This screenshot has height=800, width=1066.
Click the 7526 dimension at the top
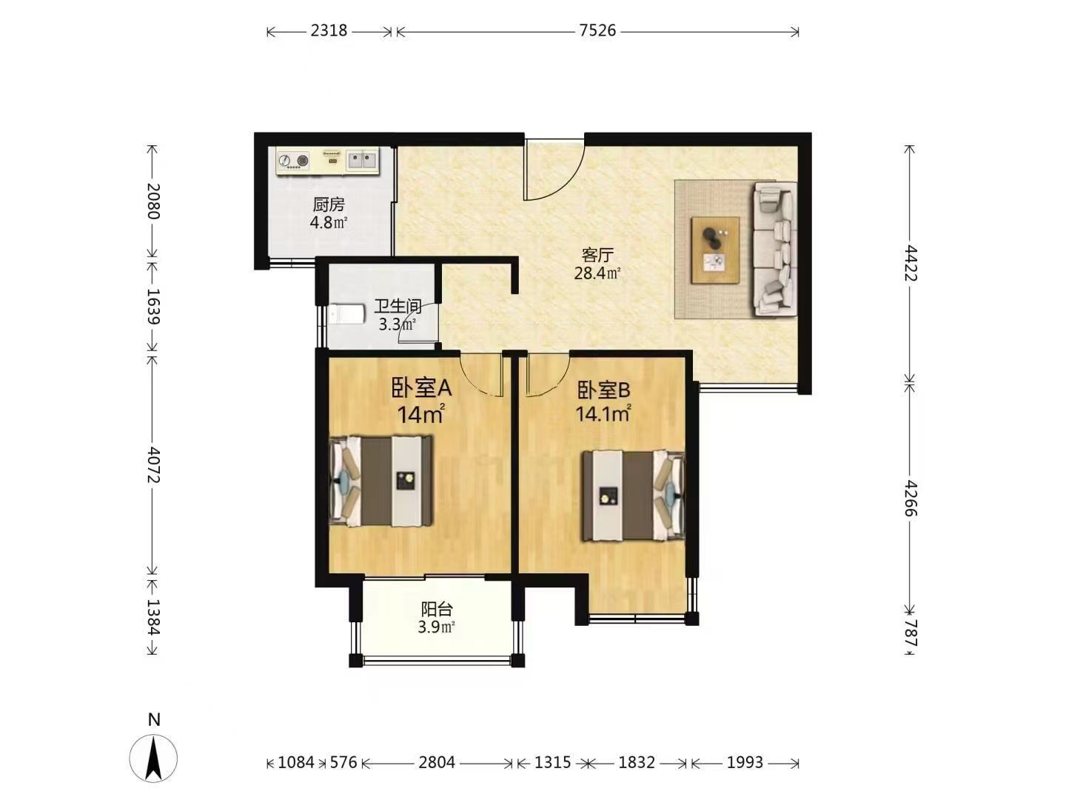(597, 30)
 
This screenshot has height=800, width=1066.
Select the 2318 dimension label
(329, 30)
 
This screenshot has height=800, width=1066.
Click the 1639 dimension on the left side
(153, 307)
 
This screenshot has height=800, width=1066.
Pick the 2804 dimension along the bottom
(437, 762)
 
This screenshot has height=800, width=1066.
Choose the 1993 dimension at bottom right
(745, 762)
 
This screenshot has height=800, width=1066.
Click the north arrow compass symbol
(153, 757)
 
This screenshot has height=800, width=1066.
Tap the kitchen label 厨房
(329, 204)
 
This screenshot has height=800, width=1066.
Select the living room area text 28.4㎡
(597, 273)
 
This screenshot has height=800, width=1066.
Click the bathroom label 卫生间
(398, 306)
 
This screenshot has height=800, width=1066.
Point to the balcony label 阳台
(437, 609)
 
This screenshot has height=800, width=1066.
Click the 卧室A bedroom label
(421, 389)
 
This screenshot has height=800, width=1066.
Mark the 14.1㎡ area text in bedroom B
(603, 414)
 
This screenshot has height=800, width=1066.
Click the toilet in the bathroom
(346, 314)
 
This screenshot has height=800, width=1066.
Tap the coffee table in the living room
(715, 250)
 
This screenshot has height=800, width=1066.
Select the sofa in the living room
(775, 250)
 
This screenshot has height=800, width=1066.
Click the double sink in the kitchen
(362, 159)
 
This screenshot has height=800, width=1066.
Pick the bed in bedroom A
(381, 481)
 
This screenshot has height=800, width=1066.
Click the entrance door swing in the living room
(554, 170)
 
